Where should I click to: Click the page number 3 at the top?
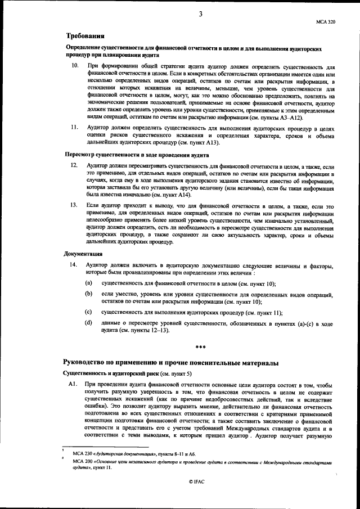[x=201, y=14]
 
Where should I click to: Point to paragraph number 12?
[x=73, y=167]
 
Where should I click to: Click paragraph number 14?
[x=73, y=264]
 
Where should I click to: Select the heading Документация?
[x=82, y=254]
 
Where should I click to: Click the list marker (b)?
[x=89, y=294]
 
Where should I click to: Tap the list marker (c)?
[x=89, y=312]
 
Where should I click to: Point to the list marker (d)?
[x=89, y=323]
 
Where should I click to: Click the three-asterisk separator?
[x=200, y=348]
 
